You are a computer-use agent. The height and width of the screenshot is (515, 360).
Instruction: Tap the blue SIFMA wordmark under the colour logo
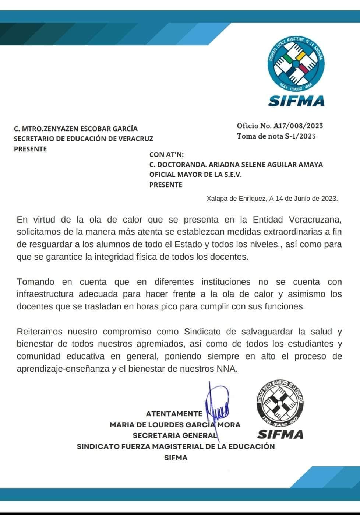click(296, 101)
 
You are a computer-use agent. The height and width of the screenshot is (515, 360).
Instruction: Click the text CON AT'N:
click(166, 154)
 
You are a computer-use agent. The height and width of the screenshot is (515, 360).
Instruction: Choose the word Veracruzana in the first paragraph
click(315, 220)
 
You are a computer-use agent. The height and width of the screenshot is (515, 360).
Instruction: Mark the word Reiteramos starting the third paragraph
click(39, 332)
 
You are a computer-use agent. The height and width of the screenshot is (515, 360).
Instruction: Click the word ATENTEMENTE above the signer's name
click(174, 414)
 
